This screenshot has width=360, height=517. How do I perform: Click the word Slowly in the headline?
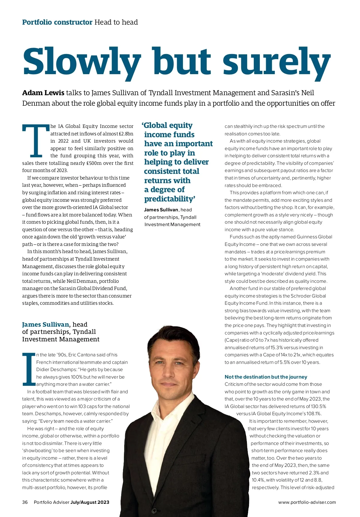(82, 62)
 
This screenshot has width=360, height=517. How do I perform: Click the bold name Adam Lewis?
(43, 93)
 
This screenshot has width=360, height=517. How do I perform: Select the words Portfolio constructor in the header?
(57, 22)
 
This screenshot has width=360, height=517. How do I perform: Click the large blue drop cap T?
(35, 141)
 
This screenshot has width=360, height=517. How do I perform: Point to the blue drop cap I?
(29, 369)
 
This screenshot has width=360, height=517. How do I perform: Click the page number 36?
(25, 502)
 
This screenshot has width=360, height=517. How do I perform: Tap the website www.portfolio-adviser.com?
(307, 502)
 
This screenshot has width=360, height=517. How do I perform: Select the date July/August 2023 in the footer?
(90, 502)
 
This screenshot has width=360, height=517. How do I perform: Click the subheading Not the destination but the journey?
(266, 377)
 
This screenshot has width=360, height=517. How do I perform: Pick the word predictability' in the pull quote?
(169, 199)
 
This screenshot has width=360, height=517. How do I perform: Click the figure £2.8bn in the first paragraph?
(126, 134)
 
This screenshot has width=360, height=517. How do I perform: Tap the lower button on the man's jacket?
(154, 510)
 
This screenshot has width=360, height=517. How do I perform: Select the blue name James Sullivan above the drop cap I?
(46, 325)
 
